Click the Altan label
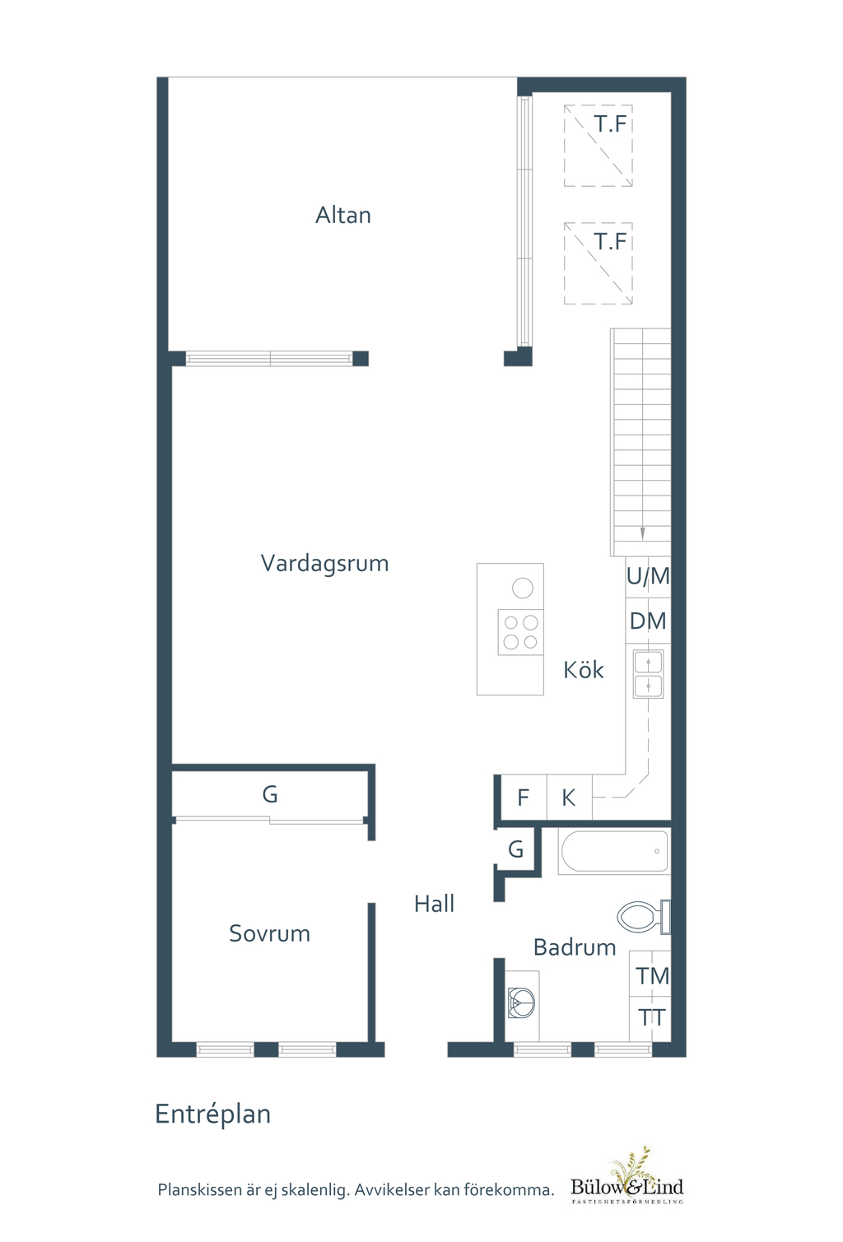[x=342, y=215]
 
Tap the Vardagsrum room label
[x=324, y=563]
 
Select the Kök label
[x=584, y=670]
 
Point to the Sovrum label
[x=269, y=933]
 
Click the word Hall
[x=434, y=904]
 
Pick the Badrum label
[x=575, y=947]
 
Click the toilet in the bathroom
[x=643, y=917]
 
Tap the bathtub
[x=614, y=852]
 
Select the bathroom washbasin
[x=522, y=1002]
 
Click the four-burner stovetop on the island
[x=521, y=632]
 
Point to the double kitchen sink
[x=649, y=674]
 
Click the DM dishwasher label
[x=648, y=621]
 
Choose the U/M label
[x=648, y=577]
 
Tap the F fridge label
[x=523, y=798]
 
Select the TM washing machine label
[x=652, y=976]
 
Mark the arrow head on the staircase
[x=642, y=534]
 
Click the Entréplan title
[x=213, y=1114]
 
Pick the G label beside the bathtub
[x=516, y=849]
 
